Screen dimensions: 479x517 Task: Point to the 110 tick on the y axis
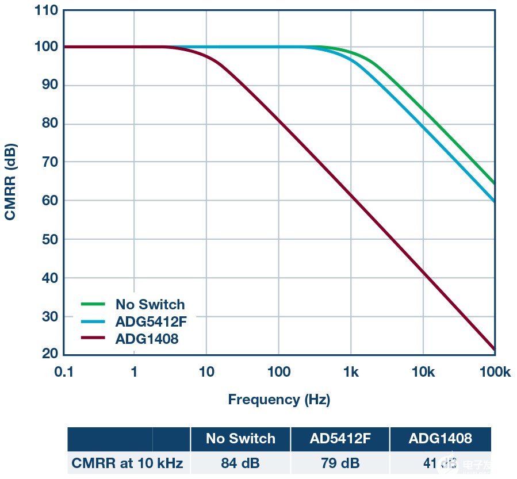46,10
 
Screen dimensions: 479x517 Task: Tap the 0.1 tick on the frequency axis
64,372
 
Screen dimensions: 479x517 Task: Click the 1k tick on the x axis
351,372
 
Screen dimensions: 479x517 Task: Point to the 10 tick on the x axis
206,372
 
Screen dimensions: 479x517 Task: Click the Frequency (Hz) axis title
279,399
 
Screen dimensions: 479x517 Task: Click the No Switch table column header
240,439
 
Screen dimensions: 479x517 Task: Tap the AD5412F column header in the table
340,439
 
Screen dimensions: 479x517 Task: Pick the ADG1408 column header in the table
440,439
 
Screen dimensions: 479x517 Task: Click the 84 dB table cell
240,462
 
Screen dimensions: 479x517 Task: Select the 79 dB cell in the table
340,462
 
